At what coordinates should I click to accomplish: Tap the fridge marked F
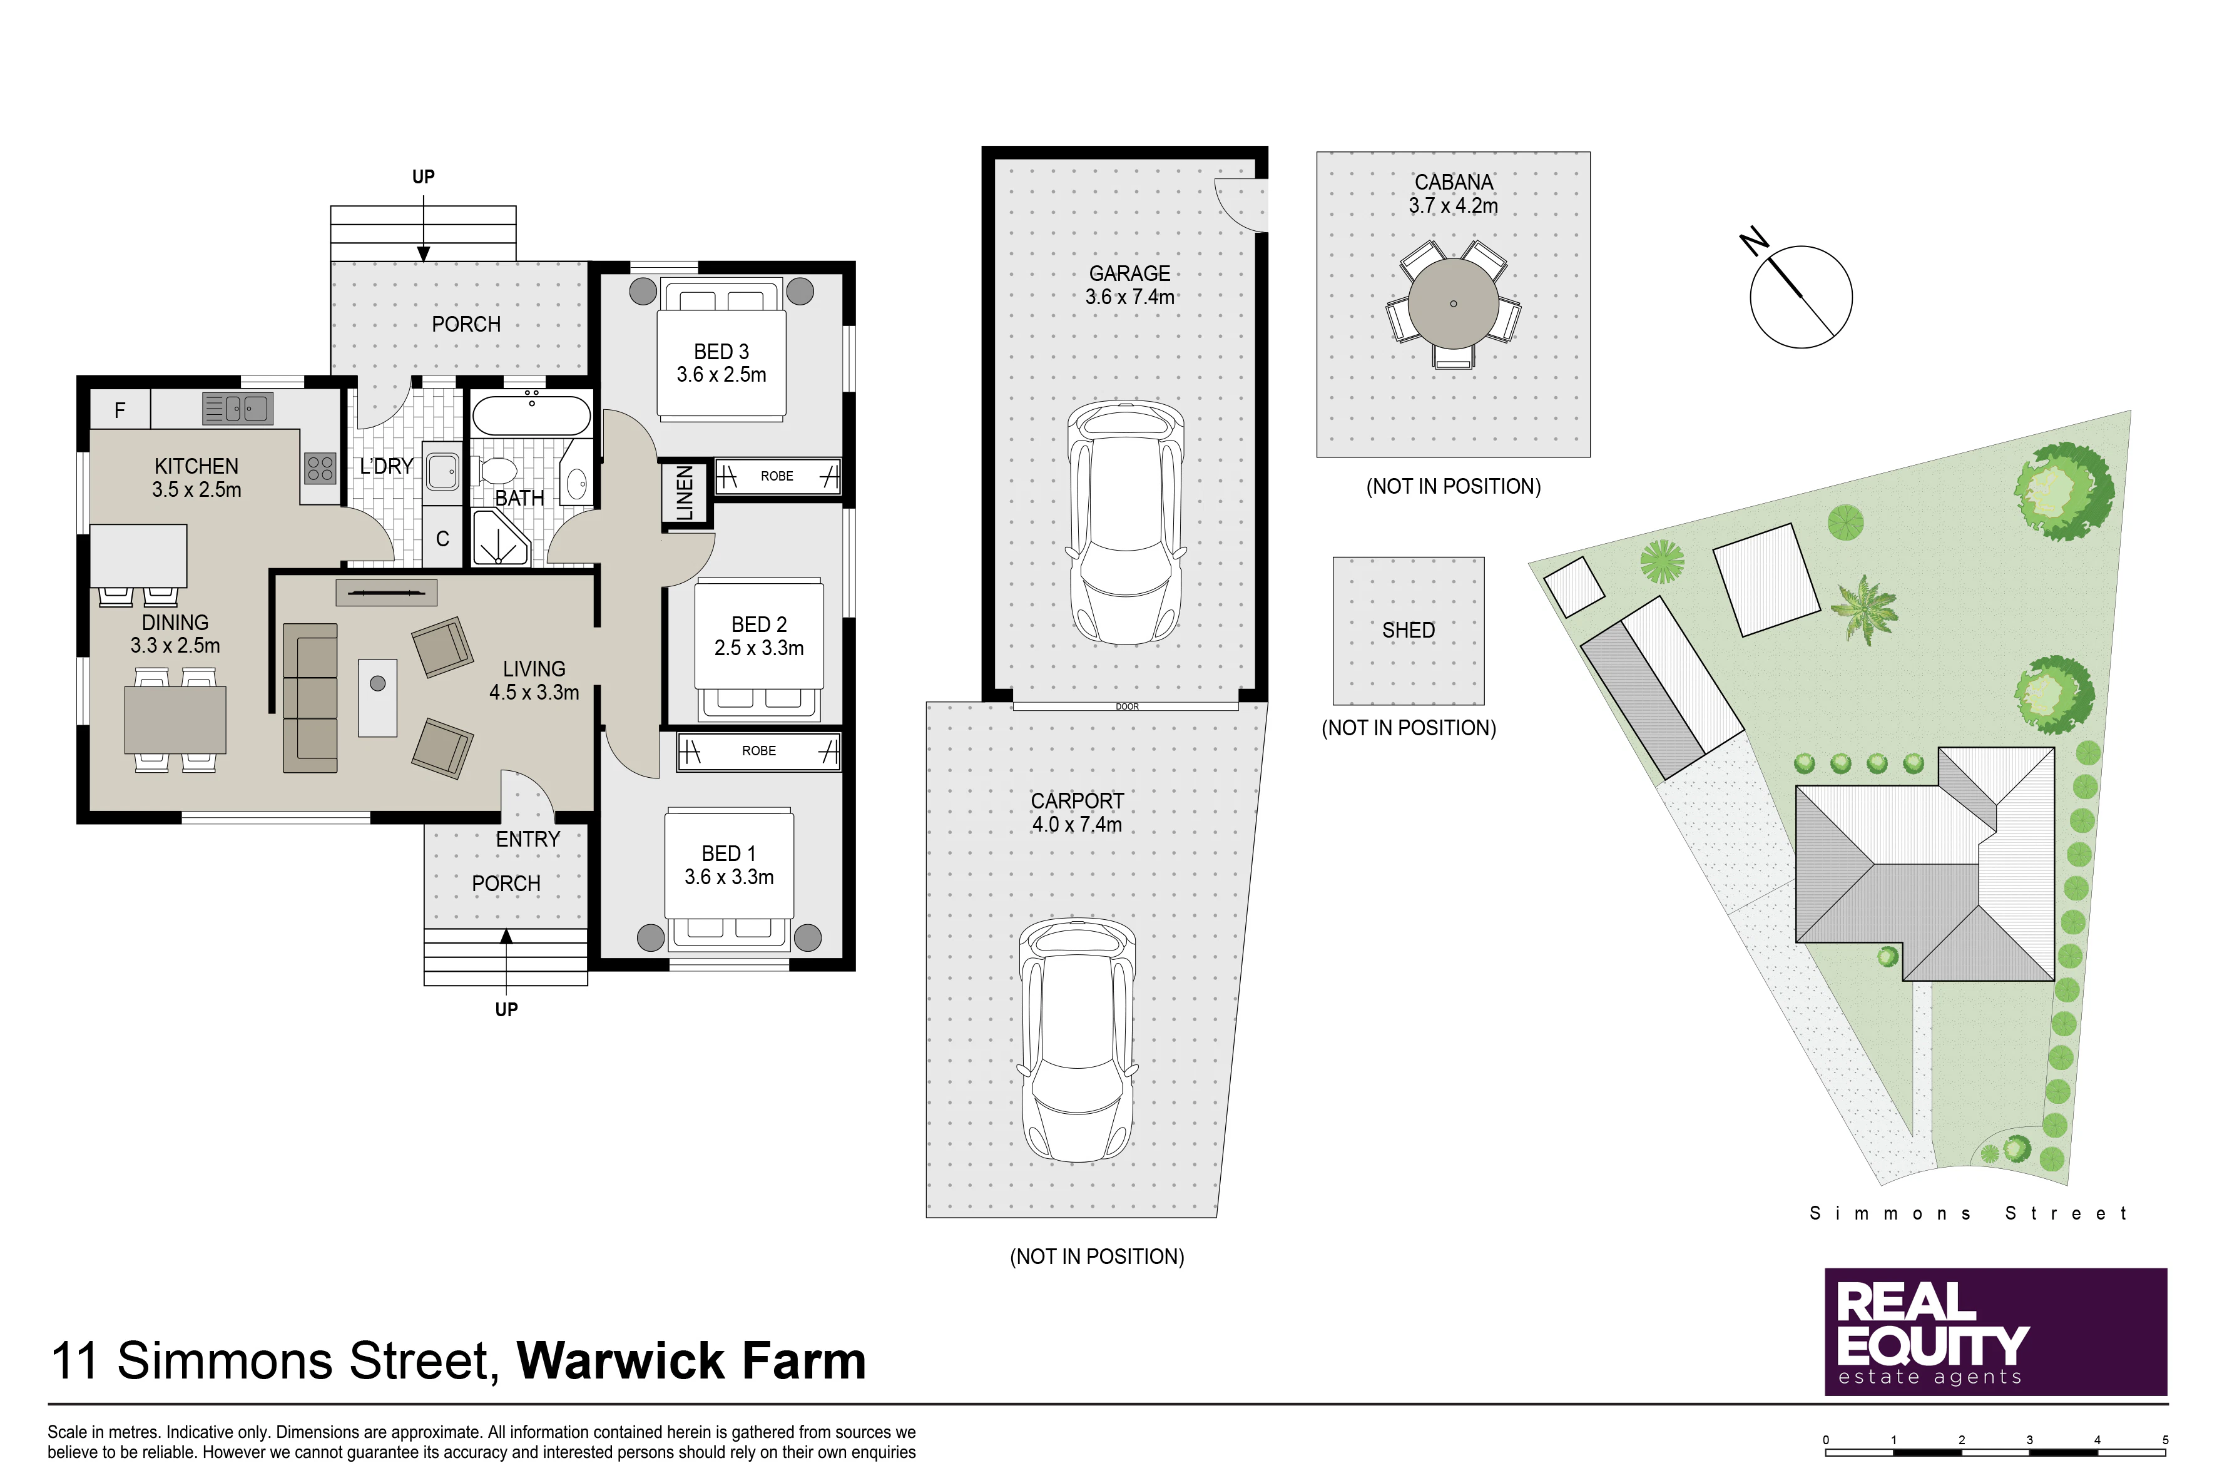(x=120, y=410)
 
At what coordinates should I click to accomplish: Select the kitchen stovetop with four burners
(x=320, y=469)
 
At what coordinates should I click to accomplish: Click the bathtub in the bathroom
(x=532, y=415)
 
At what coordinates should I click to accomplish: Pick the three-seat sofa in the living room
(x=310, y=698)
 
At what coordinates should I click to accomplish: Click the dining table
(x=175, y=719)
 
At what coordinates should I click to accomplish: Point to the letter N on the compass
(x=1754, y=242)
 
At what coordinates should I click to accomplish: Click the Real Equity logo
(x=1995, y=1331)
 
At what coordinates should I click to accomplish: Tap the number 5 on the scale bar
(x=2165, y=1439)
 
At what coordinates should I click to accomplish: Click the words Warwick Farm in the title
(x=691, y=1360)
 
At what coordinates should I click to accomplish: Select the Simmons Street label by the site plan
(x=1967, y=1213)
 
